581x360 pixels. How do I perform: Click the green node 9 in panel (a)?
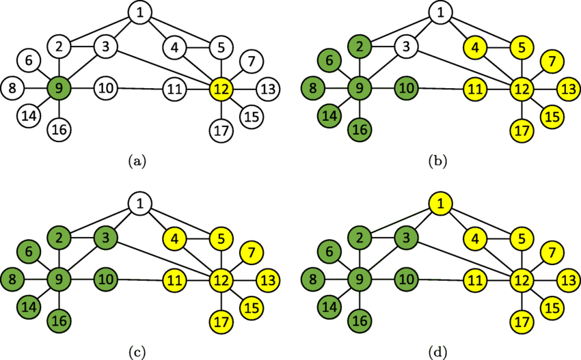point(59,88)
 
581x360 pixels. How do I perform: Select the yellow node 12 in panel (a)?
point(221,88)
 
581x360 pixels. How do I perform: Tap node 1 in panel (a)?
point(140,13)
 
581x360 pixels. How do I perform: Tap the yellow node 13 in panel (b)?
point(567,88)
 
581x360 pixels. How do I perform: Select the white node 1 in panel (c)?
point(140,203)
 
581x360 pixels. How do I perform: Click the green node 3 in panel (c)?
point(105,237)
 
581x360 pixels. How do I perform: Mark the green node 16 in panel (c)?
point(59,318)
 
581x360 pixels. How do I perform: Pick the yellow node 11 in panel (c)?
point(175,278)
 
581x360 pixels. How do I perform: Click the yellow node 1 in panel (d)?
point(440,203)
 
